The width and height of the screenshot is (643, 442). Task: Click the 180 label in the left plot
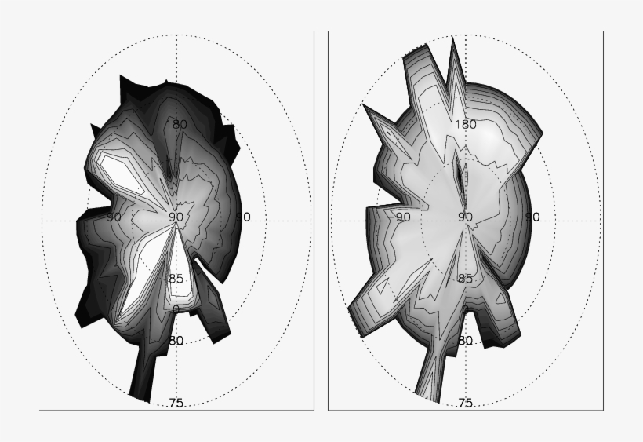tap(176, 123)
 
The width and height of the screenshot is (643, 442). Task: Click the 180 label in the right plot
tap(466, 124)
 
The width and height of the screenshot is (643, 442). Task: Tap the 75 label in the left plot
tap(176, 403)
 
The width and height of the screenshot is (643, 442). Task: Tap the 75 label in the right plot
tap(465, 403)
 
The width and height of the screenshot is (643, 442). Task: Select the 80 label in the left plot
tap(176, 341)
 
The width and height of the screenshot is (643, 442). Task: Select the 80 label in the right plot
tap(465, 341)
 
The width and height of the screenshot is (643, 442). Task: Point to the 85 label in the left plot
tap(176, 279)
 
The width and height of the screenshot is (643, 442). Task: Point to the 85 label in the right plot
tap(465, 279)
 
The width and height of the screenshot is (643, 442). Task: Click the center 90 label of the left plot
tap(176, 217)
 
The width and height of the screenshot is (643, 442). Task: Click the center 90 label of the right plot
tap(465, 217)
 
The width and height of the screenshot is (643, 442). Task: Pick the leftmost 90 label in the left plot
tap(114, 217)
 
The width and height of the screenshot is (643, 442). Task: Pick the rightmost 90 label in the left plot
tap(243, 217)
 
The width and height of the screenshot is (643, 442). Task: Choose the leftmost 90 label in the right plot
tap(403, 217)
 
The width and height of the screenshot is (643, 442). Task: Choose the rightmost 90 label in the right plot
tap(532, 217)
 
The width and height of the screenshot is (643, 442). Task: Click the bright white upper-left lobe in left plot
tap(114, 169)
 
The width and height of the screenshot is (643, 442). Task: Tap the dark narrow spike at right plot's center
tap(461, 177)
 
